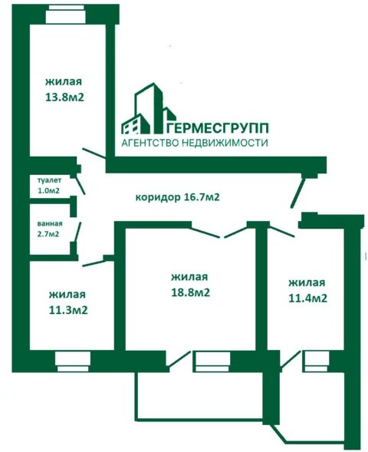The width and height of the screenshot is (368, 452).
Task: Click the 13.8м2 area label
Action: [64, 97]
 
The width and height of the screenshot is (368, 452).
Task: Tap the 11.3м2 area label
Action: [68, 310]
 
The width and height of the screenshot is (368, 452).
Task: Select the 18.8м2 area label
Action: [190, 292]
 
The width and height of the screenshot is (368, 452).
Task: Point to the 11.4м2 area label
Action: [307, 298]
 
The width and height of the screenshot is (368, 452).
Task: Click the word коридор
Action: [158, 197]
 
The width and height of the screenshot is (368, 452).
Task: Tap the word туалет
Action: [49, 181]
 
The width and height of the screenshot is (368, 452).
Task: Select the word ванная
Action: [50, 223]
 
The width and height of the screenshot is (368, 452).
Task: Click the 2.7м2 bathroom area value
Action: [48, 234]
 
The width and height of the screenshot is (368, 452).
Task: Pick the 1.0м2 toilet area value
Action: [48, 190]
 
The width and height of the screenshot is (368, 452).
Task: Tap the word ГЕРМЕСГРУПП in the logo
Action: [218, 128]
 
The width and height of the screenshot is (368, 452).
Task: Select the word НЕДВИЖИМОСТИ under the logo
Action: [225, 143]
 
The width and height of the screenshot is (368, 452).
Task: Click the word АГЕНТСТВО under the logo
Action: [150, 143]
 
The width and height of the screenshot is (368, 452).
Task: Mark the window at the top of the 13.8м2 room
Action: [66, 15]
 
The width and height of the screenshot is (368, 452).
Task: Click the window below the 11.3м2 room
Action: [73, 361]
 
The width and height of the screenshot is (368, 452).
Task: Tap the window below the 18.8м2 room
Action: [212, 361]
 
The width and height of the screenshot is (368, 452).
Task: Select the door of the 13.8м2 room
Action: [94, 153]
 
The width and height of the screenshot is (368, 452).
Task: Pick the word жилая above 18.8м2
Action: [189, 277]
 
